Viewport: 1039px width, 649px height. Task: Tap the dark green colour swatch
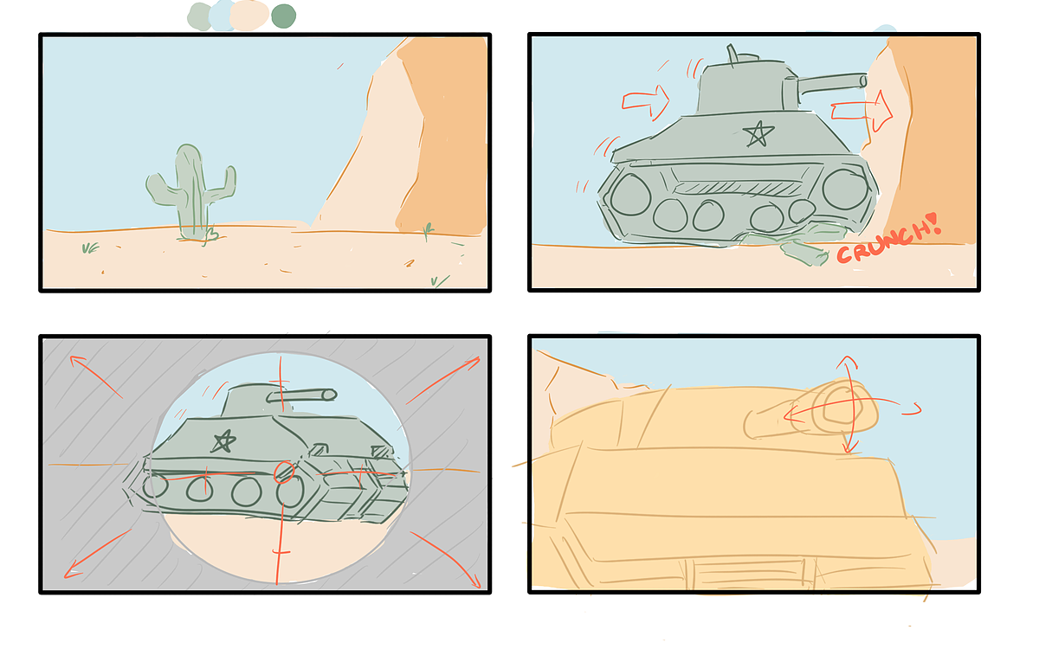click(283, 16)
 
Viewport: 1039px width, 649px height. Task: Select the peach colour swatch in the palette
click(249, 16)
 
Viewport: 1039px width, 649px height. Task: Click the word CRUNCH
click(884, 242)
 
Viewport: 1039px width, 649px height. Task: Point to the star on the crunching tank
click(758, 134)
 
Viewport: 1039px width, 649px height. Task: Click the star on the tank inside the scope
click(223, 440)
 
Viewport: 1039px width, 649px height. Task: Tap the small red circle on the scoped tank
click(284, 472)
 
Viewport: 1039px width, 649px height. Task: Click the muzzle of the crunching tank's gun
click(862, 81)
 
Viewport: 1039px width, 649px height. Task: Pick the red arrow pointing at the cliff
click(862, 112)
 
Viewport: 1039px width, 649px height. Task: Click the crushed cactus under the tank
click(789, 243)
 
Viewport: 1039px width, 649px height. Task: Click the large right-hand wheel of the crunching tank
click(845, 190)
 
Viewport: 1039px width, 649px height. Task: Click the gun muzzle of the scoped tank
click(329, 395)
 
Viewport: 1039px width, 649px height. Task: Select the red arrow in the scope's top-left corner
click(96, 376)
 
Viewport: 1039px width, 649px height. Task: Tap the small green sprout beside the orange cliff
click(428, 231)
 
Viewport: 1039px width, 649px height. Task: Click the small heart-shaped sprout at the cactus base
click(210, 235)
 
